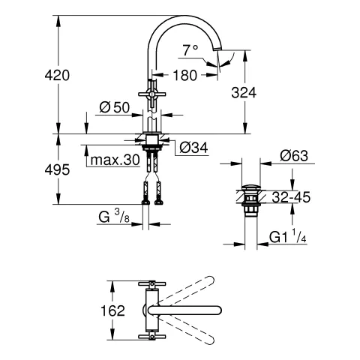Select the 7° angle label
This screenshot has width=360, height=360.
coord(190,50)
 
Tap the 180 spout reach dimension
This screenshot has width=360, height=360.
coord(185,75)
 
